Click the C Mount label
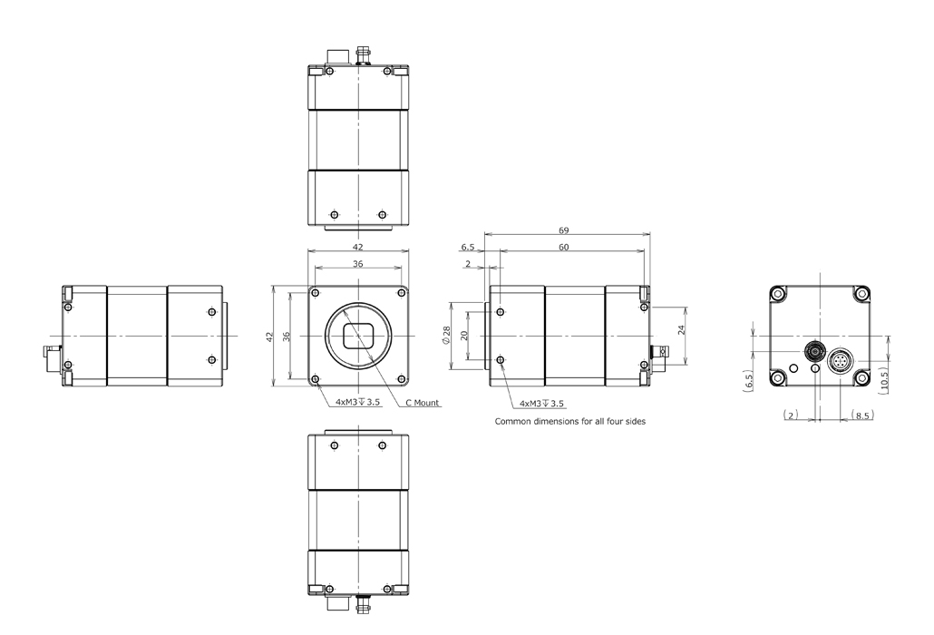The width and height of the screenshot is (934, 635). tap(422, 404)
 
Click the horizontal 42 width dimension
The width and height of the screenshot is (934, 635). tap(358, 247)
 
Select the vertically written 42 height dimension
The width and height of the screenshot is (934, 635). tap(269, 336)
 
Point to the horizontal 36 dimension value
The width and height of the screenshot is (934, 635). tap(358, 264)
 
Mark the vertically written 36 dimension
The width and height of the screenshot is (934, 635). tap(287, 336)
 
